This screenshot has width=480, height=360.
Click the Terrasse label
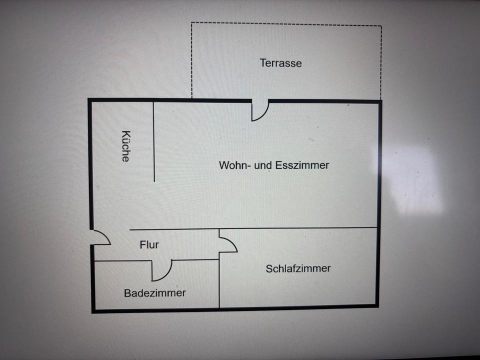[x=280, y=63]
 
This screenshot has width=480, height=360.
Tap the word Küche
[x=125, y=146]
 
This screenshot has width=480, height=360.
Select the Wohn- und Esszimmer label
[x=274, y=165]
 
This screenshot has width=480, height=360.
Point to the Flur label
[x=149, y=244]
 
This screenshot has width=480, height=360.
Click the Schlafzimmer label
[x=298, y=268]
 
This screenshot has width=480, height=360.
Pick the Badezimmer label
[x=155, y=293]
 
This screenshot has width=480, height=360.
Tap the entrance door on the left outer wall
[x=100, y=237]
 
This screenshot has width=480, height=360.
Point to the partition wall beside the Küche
[x=154, y=140]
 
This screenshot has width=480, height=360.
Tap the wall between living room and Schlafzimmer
[x=300, y=228]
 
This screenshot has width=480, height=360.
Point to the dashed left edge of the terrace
[x=191, y=60]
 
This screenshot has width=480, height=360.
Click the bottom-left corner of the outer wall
[x=93, y=310]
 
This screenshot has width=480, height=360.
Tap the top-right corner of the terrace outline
[x=381, y=25]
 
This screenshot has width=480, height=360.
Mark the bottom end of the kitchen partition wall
[x=154, y=180]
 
